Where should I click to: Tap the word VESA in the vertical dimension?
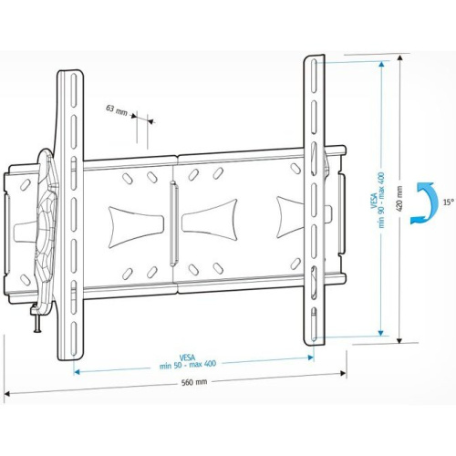(x=373, y=202)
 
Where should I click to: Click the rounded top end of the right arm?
(x=314, y=60)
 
